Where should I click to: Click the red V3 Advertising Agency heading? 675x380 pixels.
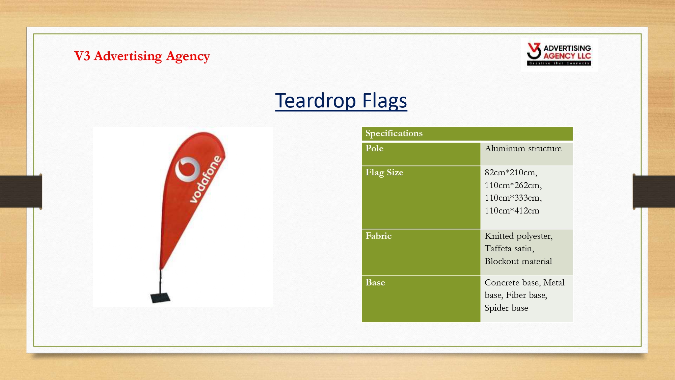(x=142, y=56)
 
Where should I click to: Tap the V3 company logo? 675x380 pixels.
(x=559, y=54)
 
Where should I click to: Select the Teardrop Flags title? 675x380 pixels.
(x=341, y=101)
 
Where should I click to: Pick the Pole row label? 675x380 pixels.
(x=374, y=148)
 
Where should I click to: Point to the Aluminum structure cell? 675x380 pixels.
(x=523, y=148)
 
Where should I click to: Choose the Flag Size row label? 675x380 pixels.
(x=384, y=173)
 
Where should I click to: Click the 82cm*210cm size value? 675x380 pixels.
(x=511, y=173)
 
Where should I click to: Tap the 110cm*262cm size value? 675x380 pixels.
(x=513, y=185)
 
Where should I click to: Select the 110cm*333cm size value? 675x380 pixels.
(x=513, y=198)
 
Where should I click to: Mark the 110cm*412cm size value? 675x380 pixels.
(x=512, y=211)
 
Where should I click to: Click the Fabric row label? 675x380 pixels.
(x=379, y=236)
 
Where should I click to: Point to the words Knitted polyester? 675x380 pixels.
(x=518, y=236)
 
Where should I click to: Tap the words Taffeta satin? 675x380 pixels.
(x=509, y=249)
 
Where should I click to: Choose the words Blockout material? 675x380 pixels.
(x=518, y=261)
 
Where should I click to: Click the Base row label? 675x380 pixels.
(x=375, y=282)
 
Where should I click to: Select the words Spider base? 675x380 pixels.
(x=506, y=308)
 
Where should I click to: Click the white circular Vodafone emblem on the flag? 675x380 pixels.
(x=187, y=169)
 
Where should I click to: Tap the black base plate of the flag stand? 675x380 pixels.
(x=160, y=298)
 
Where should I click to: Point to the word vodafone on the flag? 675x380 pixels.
(x=206, y=179)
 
